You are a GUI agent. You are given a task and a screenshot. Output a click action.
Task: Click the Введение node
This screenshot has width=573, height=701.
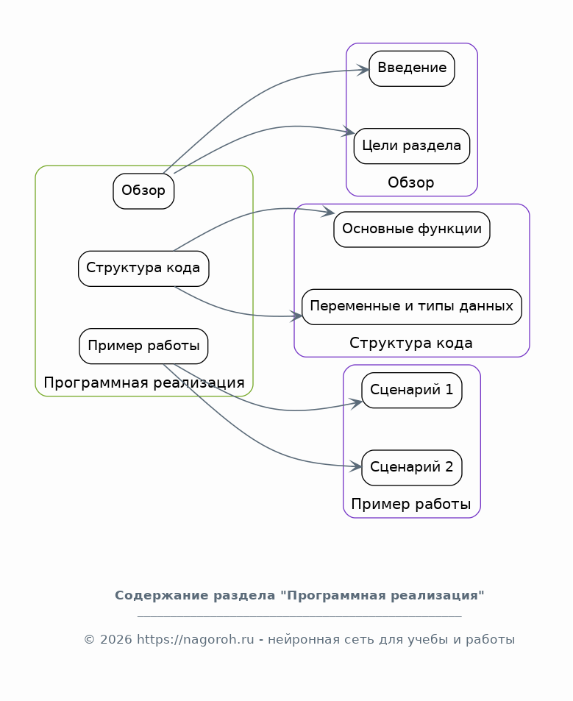click(412, 68)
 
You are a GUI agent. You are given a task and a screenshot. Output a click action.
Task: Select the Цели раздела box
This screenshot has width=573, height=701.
click(412, 146)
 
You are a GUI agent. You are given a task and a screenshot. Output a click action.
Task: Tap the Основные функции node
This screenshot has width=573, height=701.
click(412, 229)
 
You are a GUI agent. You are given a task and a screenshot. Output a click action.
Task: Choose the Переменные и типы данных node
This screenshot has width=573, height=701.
click(412, 307)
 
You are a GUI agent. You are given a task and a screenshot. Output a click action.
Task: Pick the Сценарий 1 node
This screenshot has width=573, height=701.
click(412, 391)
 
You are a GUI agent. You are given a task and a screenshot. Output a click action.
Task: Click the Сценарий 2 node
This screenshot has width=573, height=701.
click(412, 468)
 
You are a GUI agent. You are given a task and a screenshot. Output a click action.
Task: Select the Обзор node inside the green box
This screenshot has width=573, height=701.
click(143, 191)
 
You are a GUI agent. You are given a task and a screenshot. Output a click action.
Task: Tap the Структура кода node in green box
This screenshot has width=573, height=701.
click(143, 268)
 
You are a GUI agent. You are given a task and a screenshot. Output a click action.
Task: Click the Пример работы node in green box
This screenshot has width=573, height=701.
click(143, 346)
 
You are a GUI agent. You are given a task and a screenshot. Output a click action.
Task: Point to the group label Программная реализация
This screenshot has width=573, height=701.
click(144, 382)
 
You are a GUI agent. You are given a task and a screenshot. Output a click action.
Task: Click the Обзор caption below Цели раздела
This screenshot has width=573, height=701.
click(410, 182)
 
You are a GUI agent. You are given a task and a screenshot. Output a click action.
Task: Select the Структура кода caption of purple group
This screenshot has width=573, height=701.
click(410, 343)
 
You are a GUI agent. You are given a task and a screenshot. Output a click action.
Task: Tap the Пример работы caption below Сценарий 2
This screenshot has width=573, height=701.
click(410, 504)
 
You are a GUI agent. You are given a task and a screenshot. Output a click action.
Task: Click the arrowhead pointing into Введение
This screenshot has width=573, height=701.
click(363, 70)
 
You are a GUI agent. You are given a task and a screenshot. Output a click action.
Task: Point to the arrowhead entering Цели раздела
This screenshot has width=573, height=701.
click(349, 132)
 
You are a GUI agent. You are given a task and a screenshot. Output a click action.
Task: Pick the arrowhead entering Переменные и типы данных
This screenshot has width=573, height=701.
click(296, 316)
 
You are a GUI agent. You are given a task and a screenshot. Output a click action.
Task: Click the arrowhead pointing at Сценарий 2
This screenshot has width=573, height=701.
click(356, 467)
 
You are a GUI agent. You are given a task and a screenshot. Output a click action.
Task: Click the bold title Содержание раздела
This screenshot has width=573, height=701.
click(195, 596)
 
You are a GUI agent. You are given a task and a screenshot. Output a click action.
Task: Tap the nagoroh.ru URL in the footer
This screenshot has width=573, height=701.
click(196, 639)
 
